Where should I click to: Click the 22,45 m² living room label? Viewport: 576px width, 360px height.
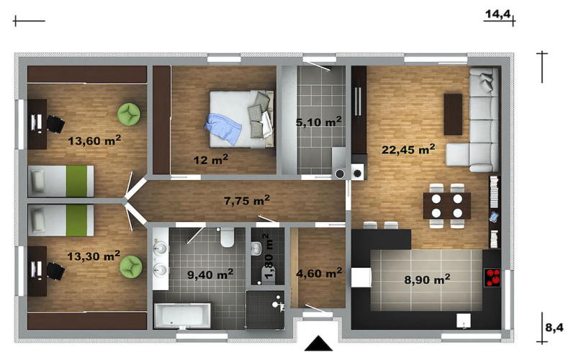(x=408, y=150)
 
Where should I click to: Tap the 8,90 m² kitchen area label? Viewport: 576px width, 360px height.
(x=427, y=279)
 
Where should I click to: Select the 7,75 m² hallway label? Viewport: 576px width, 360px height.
(x=247, y=201)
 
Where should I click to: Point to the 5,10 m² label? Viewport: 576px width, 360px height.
(x=318, y=122)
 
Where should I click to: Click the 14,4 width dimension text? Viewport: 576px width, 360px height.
(x=498, y=14)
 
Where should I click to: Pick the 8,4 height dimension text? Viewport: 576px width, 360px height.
(x=554, y=328)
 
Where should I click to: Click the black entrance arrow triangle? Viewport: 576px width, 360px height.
(x=318, y=343)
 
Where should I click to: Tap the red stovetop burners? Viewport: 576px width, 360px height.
(x=492, y=278)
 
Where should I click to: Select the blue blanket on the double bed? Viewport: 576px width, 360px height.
(x=223, y=129)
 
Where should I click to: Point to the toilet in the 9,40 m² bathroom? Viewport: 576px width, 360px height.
(x=228, y=238)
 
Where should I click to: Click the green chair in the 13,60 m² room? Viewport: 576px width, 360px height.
(x=129, y=114)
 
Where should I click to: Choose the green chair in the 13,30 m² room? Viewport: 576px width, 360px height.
(x=131, y=266)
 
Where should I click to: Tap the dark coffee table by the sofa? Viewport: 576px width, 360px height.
(x=453, y=114)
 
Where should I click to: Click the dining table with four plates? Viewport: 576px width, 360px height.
(x=446, y=206)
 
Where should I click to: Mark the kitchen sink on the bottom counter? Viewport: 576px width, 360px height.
(x=464, y=320)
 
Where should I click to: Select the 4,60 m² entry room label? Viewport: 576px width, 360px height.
(x=319, y=273)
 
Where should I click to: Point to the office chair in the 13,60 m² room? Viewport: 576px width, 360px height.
(x=55, y=124)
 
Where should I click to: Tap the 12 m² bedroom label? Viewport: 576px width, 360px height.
(x=211, y=159)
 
